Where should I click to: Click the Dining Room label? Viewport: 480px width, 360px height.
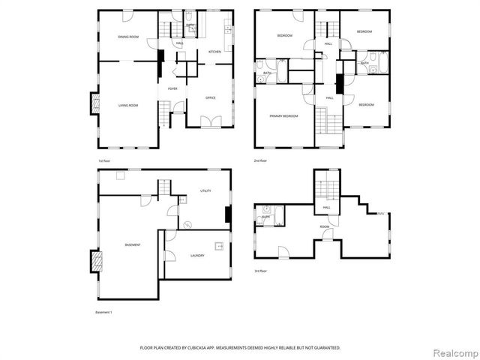pos(128,37)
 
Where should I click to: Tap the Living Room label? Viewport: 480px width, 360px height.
pos(128,105)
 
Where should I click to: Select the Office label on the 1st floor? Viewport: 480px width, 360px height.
pos(211,97)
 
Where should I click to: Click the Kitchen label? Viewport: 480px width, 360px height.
pos(214,52)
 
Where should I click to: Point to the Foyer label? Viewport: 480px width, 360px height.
pos(172,88)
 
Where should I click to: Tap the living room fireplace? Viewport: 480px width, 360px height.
pos(94,103)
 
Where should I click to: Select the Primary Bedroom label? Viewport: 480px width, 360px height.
pos(284,116)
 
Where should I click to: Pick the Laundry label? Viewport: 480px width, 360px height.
pos(197,256)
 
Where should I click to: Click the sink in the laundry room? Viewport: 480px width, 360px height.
pos(219,245)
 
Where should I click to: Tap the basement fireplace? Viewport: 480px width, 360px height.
pos(94,261)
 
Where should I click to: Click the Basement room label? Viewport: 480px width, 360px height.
pos(133,245)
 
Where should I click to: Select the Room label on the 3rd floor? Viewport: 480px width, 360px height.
pos(325,226)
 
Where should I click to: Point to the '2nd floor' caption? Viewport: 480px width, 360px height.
pos(260,160)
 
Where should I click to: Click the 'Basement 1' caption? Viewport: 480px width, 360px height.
pos(103,311)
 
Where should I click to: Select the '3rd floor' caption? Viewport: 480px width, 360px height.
pos(260,271)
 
